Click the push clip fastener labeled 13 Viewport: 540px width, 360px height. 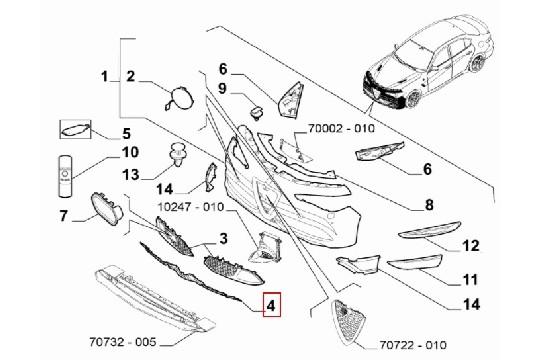(x=180, y=155)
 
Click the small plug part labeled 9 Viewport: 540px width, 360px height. (x=256, y=111)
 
